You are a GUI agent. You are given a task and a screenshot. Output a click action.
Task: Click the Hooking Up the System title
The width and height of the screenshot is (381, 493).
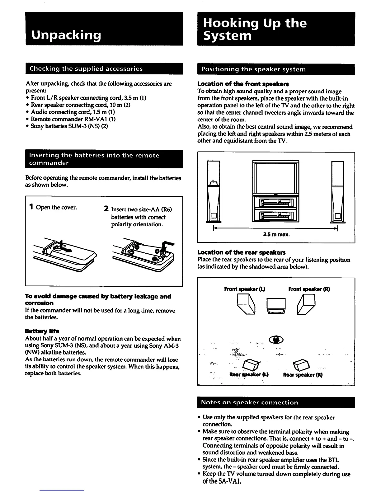point(255,29)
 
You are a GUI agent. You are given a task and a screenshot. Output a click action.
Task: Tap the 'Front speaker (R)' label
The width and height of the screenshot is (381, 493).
point(309,289)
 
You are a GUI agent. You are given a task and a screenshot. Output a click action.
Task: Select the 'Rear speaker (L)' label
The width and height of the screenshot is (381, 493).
point(249,375)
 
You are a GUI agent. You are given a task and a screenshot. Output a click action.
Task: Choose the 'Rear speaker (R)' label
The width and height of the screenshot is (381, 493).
point(303,375)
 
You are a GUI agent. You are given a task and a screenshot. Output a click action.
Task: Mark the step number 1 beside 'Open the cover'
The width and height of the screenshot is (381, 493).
point(31,207)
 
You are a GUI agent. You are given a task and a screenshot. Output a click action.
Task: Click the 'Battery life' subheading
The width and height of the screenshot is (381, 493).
point(42,331)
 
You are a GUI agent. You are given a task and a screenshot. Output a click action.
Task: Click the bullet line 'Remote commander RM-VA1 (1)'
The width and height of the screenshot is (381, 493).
point(73,119)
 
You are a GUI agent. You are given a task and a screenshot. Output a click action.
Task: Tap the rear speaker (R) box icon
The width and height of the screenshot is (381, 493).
point(300,363)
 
